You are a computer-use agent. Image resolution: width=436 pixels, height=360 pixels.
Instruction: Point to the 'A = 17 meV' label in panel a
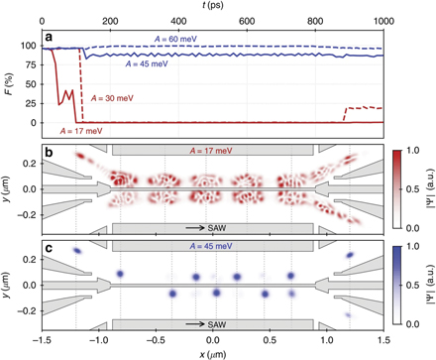click(82, 130)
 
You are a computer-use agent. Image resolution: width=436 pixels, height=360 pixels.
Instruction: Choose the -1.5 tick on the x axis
click(41, 338)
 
